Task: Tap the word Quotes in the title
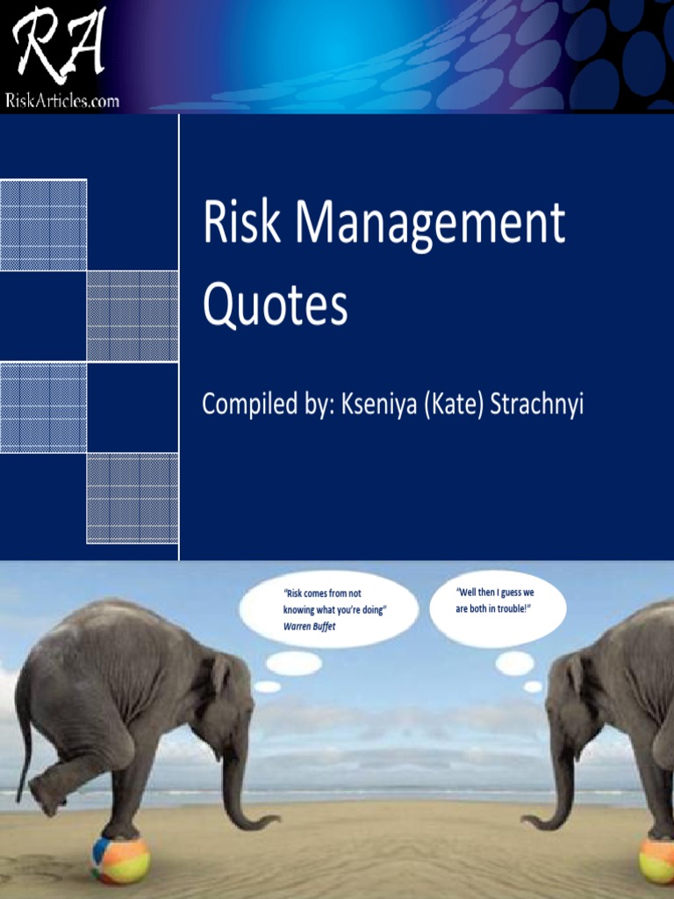(275, 306)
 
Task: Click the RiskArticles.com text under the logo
(61, 100)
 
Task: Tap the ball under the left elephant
(120, 859)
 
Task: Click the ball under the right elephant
(657, 859)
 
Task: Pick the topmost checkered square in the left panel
(43, 225)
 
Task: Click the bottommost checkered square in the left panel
(133, 498)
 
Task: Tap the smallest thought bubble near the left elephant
(268, 687)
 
